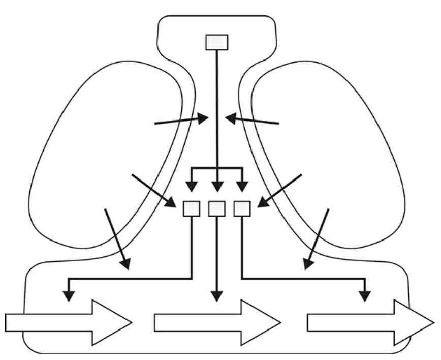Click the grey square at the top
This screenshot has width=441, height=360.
click(x=217, y=42)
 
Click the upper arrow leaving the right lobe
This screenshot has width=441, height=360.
click(x=253, y=121)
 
